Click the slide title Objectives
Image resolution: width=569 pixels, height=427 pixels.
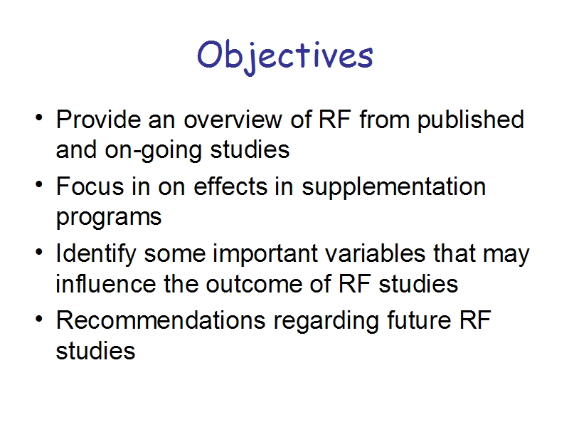tap(285, 57)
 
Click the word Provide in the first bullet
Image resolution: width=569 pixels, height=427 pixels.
tap(98, 119)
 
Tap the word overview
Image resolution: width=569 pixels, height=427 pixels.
tap(233, 119)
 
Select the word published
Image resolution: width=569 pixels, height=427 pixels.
tap(471, 120)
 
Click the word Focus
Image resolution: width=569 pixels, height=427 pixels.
tap(90, 186)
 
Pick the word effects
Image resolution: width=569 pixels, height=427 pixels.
tap(230, 186)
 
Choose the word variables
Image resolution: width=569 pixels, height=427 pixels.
tap(376, 253)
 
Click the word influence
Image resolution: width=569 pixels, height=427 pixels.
tap(105, 283)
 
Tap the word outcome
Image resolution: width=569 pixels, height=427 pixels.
tap(254, 285)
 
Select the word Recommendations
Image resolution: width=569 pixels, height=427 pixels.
tap(161, 320)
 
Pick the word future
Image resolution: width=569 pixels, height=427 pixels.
tap(419, 320)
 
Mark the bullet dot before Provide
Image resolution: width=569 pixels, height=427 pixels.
tap(39, 117)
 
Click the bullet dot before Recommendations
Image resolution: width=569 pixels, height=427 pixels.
tap(39, 319)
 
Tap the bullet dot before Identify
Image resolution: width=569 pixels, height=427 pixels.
tap(39, 252)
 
